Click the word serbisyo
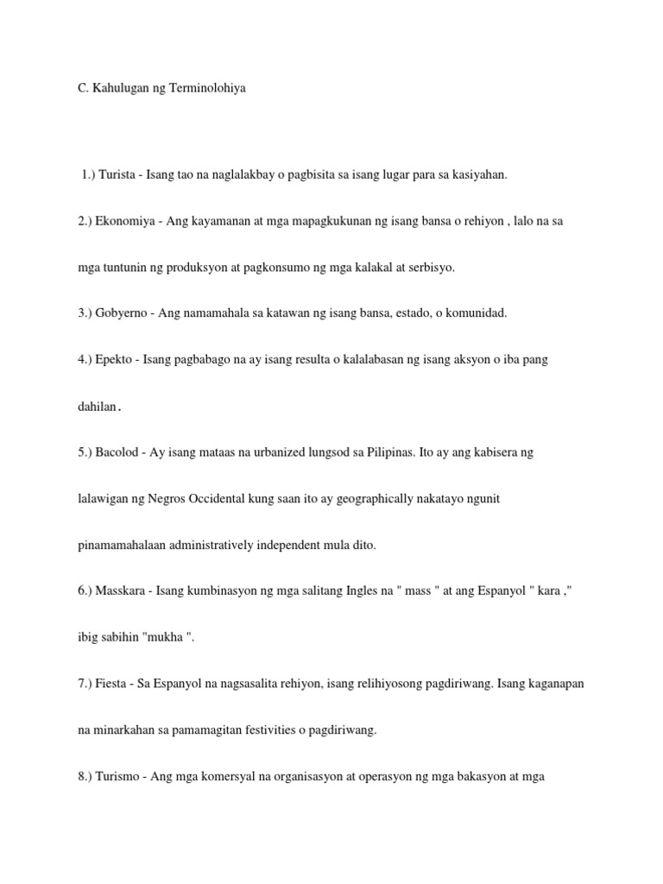pos(428,268)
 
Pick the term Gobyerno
pos(129,313)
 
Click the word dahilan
pos(97,407)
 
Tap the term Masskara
pos(128,591)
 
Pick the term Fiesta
pos(119,684)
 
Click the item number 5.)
pos(86,452)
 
